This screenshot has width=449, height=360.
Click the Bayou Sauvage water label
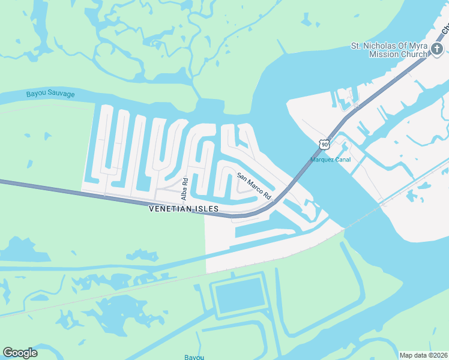pyautogui.click(x=50, y=94)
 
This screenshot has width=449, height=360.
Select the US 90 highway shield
pyautogui.click(x=325, y=144)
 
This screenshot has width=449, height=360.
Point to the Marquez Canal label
pyautogui.click(x=330, y=160)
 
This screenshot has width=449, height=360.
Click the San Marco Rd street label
pyautogui.click(x=254, y=186)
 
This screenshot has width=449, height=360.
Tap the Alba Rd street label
pyautogui.click(x=185, y=189)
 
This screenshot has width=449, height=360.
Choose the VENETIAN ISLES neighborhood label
pyautogui.click(x=184, y=209)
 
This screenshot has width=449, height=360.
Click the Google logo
pyautogui.click(x=20, y=353)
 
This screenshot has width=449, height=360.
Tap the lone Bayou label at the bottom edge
pyautogui.click(x=194, y=357)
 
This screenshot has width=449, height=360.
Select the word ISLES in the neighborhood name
pyautogui.click(x=205, y=209)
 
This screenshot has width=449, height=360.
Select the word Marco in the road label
pyautogui.click(x=255, y=187)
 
